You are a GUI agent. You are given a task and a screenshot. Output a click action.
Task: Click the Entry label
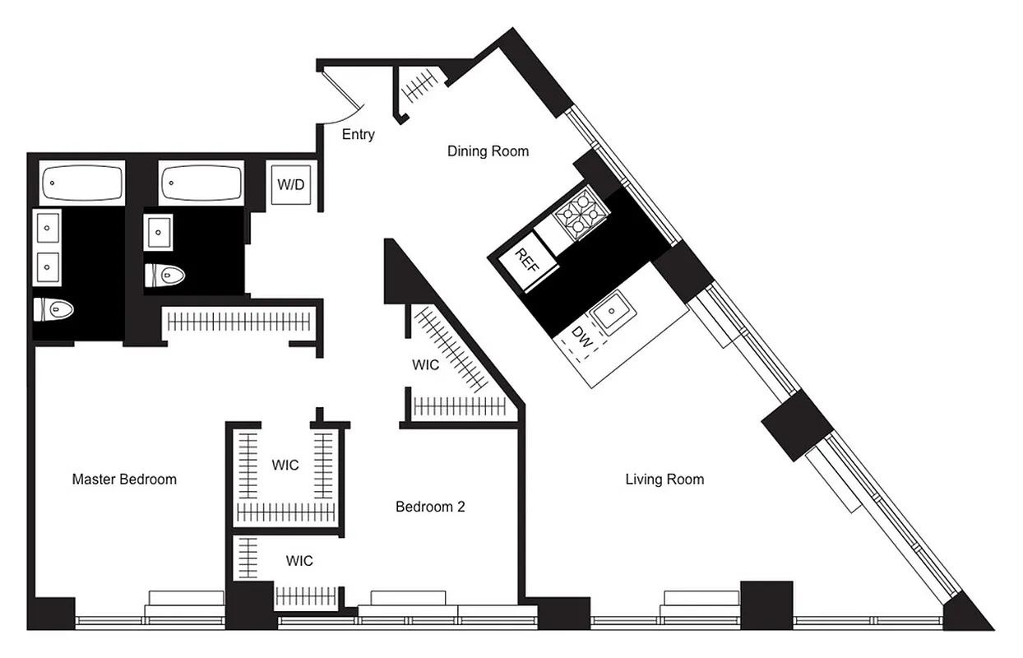[358, 135]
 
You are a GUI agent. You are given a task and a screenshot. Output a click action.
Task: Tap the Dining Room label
[488, 151]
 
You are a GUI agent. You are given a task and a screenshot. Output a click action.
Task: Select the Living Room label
[664, 479]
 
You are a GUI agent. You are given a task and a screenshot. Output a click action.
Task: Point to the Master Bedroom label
[124, 479]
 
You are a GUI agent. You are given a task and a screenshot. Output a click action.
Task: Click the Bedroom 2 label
[430, 507]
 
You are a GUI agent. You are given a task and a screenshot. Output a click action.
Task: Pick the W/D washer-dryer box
[289, 184]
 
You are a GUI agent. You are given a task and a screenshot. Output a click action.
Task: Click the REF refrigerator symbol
[525, 262]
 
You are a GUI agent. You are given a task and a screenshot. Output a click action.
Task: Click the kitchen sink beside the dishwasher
[611, 313]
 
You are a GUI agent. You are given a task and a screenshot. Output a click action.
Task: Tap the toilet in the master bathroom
[55, 309]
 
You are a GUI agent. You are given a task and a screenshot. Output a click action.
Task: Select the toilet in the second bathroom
[166, 275]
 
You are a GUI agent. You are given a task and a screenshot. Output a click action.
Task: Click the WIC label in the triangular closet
[426, 364]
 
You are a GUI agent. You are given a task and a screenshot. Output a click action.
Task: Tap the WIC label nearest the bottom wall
[299, 561]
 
